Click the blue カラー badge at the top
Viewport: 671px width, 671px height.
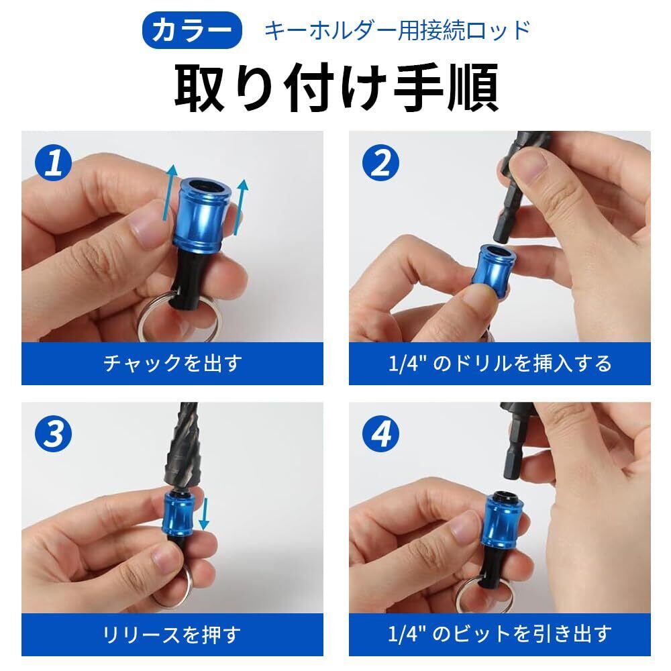(192, 30)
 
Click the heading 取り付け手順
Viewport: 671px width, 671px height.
(336, 88)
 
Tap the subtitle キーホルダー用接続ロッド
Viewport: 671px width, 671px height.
(397, 30)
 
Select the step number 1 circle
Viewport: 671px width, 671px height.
(53, 162)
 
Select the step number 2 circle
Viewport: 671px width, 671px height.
(380, 162)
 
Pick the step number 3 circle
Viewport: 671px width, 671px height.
(53, 434)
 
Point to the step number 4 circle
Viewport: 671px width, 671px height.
(380, 434)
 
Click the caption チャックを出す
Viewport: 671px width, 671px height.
(172, 363)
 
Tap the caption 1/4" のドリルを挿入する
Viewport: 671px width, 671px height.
(500, 363)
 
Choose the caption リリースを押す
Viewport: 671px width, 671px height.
(172, 634)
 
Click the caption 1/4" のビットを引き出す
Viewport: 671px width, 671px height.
(500, 634)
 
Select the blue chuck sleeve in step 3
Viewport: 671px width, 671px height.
(178, 514)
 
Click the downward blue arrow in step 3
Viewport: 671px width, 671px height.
(203, 513)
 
